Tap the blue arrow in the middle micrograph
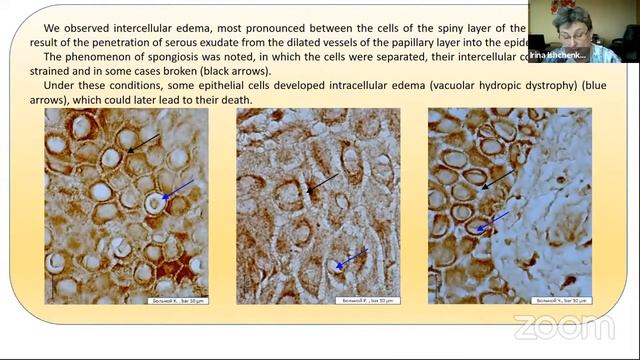coord(350,259)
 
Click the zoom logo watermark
coord(563,327)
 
